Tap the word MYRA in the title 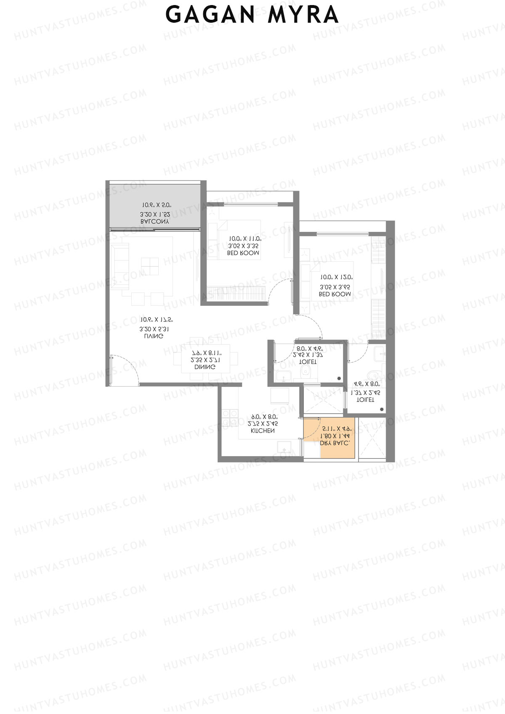point(303,15)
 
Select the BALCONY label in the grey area point(155,222)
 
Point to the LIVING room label point(154,337)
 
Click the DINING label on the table point(205,367)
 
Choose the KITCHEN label point(263,431)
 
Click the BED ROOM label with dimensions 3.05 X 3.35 point(243,253)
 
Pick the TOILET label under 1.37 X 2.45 point(365,400)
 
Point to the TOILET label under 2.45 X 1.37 point(308,362)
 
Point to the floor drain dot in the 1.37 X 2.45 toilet point(382,409)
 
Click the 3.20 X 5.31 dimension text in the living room point(151,329)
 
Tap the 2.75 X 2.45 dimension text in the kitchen point(263,424)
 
